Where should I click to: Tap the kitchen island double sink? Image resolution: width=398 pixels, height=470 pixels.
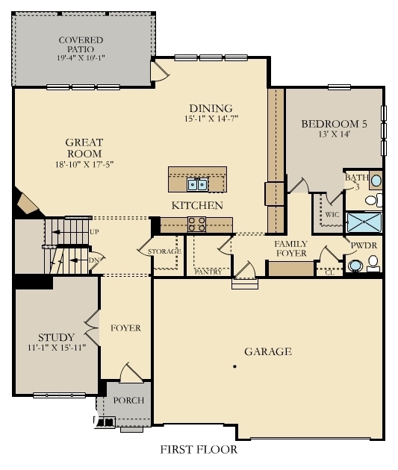click(198, 184)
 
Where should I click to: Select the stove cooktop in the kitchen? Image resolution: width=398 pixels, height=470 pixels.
click(197, 222)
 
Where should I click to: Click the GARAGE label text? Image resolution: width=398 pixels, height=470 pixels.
click(267, 351)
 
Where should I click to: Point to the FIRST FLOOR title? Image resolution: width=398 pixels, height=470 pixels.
click(199, 450)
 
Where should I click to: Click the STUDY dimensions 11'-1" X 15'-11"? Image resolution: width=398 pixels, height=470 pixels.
click(57, 347)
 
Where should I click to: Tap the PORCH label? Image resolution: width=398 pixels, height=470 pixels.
click(128, 401)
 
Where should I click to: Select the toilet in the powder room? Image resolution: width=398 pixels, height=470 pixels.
click(373, 263)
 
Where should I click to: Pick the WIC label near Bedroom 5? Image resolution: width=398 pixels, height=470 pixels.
click(332, 214)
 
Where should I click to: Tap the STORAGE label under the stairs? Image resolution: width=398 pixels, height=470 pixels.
click(164, 251)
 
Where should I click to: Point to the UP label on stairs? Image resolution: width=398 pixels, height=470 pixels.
click(94, 232)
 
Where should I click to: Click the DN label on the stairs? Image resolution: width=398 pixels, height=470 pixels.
click(93, 260)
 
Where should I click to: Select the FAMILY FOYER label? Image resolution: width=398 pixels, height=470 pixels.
click(290, 249)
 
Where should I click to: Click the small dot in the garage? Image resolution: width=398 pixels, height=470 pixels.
click(234, 366)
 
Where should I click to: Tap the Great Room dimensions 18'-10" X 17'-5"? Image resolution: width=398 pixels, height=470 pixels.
click(84, 163)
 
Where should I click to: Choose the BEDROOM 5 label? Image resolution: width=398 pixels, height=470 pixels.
click(334, 125)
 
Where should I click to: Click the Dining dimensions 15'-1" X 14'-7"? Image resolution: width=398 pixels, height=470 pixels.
click(211, 118)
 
